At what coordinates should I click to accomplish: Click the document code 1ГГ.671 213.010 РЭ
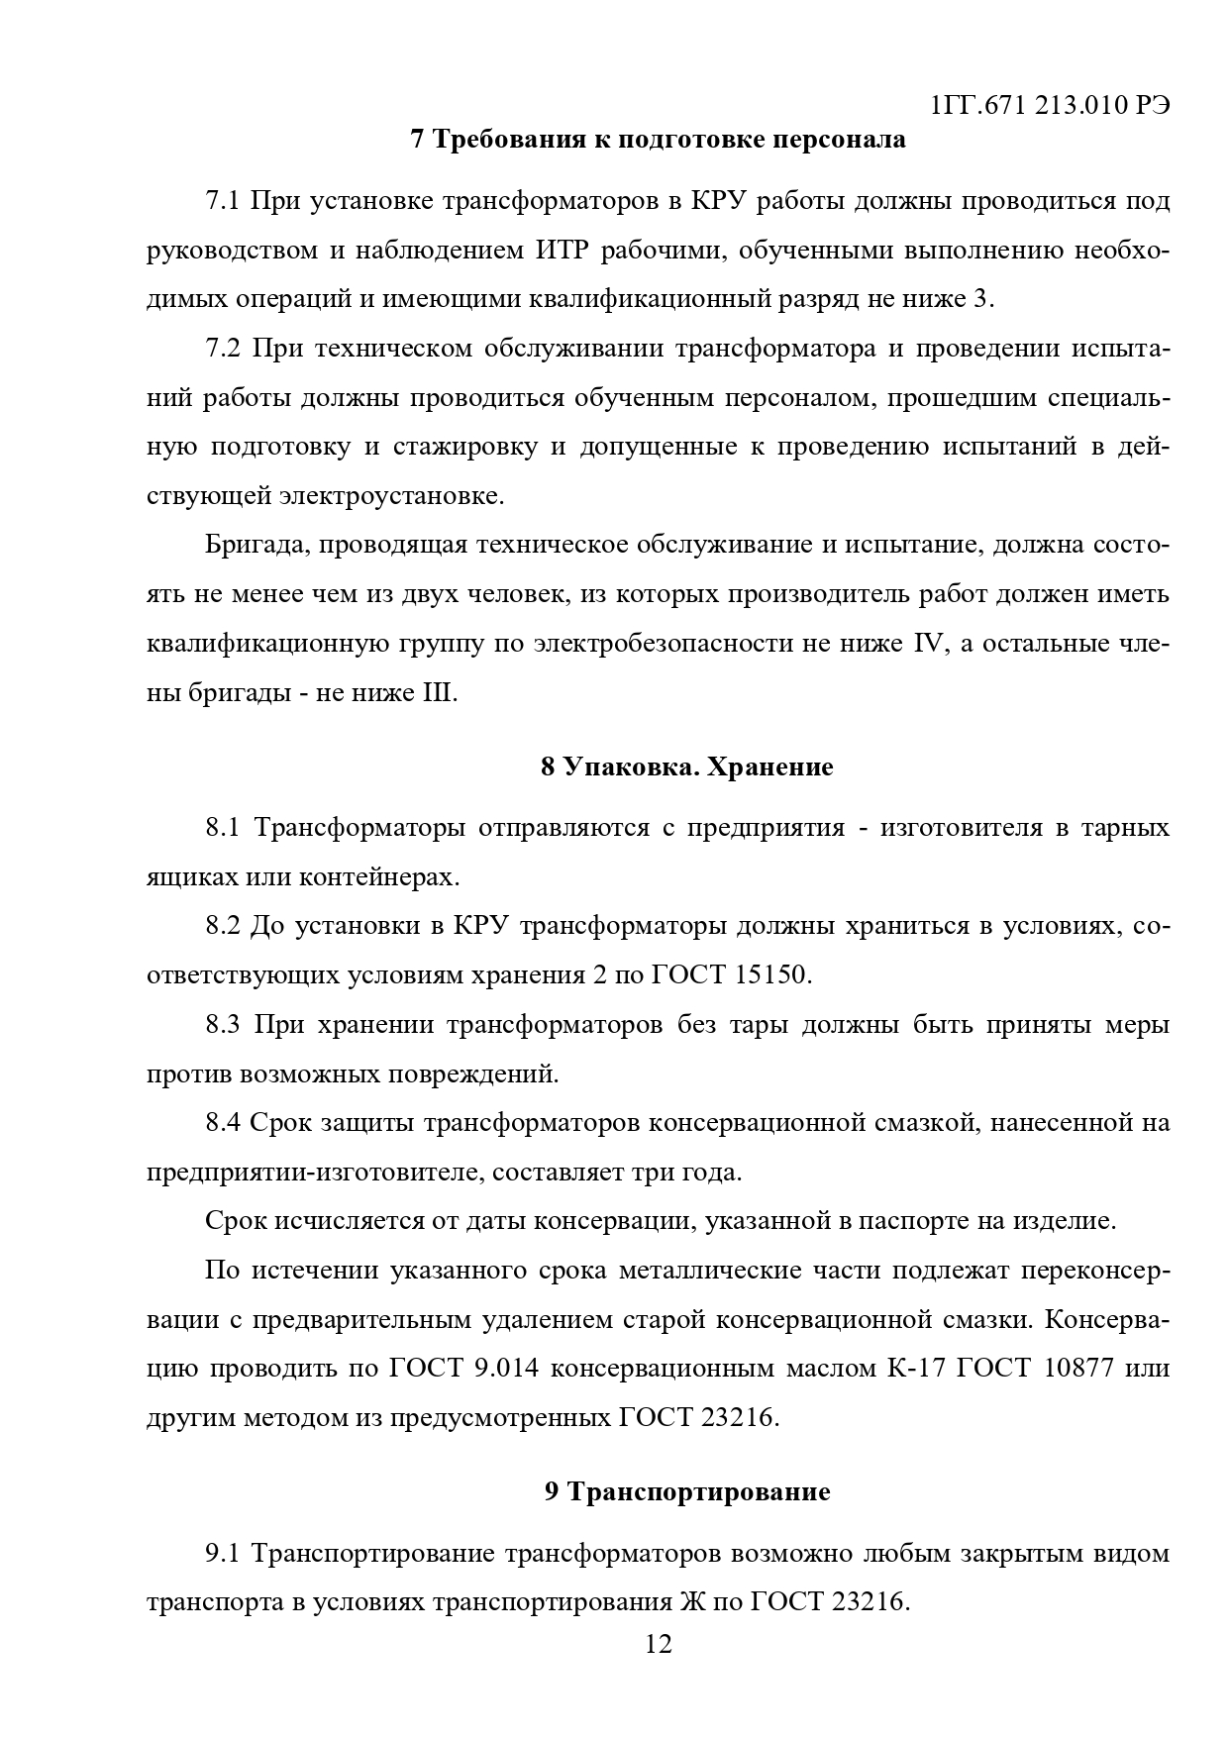click(x=1051, y=106)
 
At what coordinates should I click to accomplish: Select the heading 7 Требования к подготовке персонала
click(x=658, y=140)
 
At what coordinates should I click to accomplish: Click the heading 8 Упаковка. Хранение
click(x=687, y=767)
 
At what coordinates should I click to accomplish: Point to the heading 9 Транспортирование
click(x=687, y=1491)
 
